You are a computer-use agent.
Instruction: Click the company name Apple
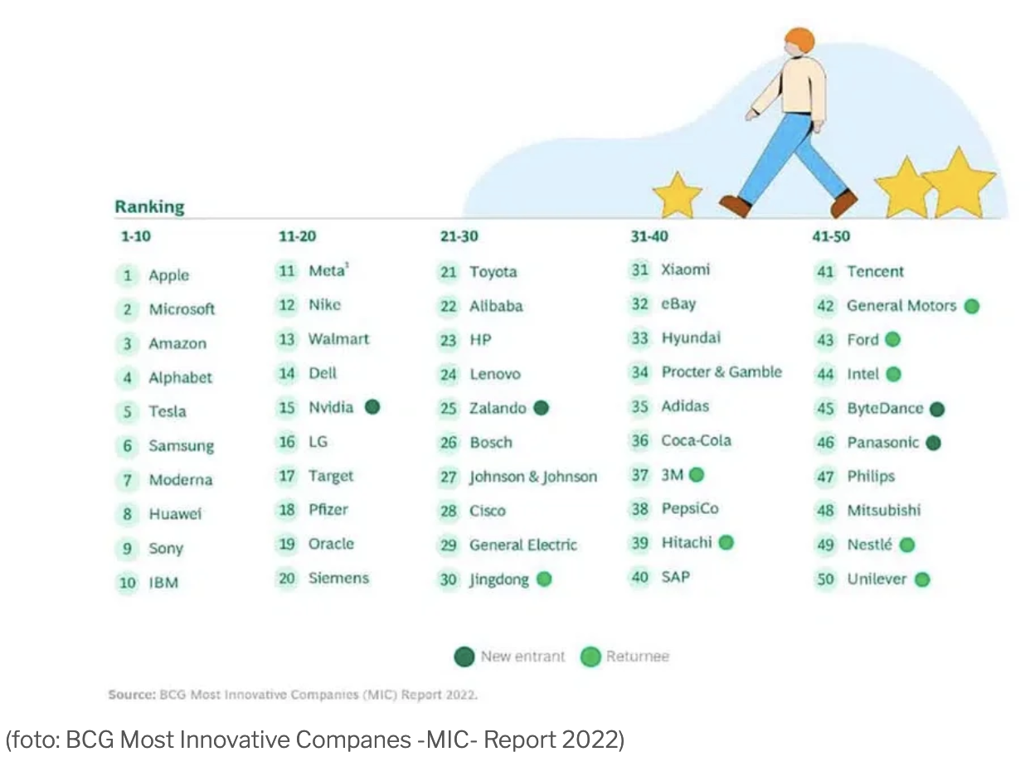pos(168,275)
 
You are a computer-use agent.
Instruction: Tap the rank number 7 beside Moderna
pos(128,480)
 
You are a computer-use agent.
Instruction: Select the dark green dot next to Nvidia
pos(372,407)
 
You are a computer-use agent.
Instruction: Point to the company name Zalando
pos(498,408)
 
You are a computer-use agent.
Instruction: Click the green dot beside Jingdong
pos(544,580)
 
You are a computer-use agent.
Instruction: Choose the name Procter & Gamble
pos(721,372)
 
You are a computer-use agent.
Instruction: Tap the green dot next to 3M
pos(697,475)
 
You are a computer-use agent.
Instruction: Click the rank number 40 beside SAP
pos(639,577)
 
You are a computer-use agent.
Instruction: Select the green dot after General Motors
pos(972,306)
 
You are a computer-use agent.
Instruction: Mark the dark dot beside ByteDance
pos(937,409)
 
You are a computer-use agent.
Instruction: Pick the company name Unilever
pos(877,580)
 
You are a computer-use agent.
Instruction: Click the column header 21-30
pos(459,236)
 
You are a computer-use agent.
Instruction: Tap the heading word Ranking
pos(149,206)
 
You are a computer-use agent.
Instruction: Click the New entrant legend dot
pos(464,657)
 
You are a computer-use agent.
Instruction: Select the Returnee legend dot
pos(590,657)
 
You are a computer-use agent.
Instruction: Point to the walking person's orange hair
pos(799,40)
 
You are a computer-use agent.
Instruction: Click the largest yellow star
pos(959,182)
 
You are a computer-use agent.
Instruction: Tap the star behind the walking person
pos(678,196)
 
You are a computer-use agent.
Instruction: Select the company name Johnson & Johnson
pos(533,477)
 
